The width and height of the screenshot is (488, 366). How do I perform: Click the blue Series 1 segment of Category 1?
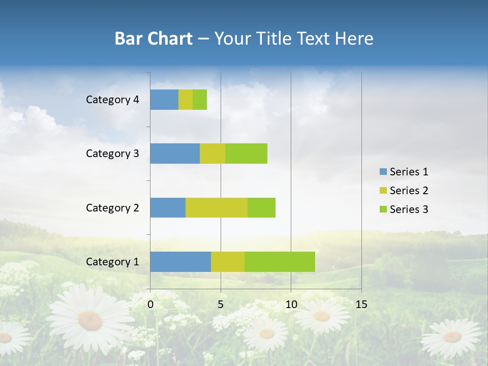[x=180, y=262]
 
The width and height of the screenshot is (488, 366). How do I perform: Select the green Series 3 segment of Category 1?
[x=280, y=262]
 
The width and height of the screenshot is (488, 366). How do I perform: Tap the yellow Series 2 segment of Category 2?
[x=217, y=207]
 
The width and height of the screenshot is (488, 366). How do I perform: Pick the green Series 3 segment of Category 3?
[x=246, y=154]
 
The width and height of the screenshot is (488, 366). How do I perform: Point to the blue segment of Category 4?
[x=164, y=100]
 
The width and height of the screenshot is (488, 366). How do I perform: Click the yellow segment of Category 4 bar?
[x=186, y=100]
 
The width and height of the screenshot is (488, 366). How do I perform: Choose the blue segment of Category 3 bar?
[x=175, y=154]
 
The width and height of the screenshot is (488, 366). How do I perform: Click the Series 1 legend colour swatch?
[x=383, y=172]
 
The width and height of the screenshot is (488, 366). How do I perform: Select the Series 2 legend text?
[x=409, y=191]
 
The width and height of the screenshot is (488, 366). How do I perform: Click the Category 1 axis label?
[x=112, y=262]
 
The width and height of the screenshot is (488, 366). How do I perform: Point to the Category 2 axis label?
[x=112, y=207]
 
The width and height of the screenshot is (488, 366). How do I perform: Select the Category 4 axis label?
[x=112, y=100]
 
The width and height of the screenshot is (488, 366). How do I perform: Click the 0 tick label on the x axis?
[x=150, y=304]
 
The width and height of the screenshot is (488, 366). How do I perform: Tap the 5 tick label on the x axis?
[x=221, y=304]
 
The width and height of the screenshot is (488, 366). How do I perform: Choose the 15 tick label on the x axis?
[x=361, y=304]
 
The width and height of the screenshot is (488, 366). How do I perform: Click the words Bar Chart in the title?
[x=154, y=39]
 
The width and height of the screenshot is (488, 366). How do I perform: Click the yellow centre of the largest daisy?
[x=90, y=320]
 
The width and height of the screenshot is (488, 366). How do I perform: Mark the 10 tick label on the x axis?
[x=291, y=304]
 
